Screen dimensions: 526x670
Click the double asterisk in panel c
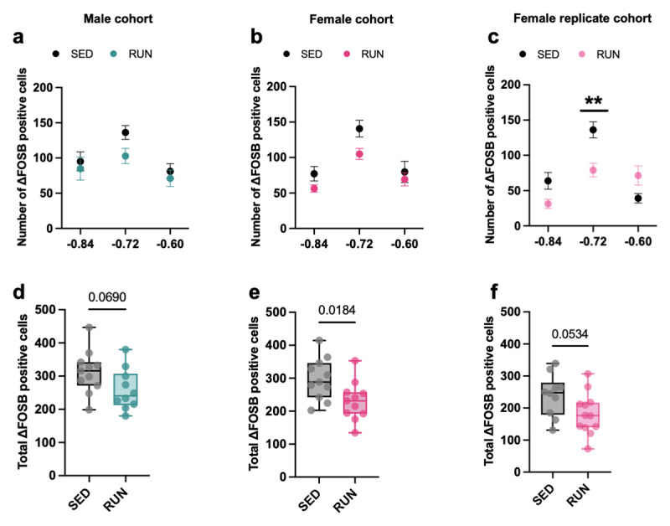coord(594,101)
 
